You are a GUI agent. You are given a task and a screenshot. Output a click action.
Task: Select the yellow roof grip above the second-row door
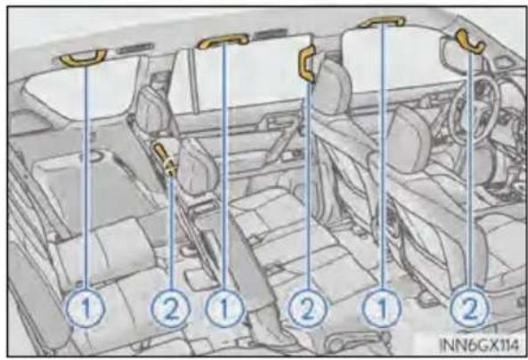click(223, 39)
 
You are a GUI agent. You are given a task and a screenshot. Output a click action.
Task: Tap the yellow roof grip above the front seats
click(382, 21)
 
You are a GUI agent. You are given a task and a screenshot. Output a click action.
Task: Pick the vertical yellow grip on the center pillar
click(307, 64)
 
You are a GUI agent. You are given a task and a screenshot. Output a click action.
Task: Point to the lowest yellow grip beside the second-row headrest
click(165, 160)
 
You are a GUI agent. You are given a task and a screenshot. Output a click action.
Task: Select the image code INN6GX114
click(480, 345)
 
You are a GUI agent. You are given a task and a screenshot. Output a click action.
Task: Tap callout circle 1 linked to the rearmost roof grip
click(85, 308)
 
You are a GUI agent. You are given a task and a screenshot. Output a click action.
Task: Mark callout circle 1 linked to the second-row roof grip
click(225, 308)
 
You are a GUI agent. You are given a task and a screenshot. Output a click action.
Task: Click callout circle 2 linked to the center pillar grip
click(307, 308)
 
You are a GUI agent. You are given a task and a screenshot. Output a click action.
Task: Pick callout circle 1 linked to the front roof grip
click(382, 307)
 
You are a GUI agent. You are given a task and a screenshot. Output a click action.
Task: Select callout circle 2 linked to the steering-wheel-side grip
click(470, 307)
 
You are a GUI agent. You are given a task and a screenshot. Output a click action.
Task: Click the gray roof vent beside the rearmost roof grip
click(135, 48)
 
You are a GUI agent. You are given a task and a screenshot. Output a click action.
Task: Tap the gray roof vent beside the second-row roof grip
click(271, 34)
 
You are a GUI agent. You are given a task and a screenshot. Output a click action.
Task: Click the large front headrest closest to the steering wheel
click(408, 138)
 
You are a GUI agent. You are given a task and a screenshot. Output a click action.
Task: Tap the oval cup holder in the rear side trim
click(95, 156)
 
